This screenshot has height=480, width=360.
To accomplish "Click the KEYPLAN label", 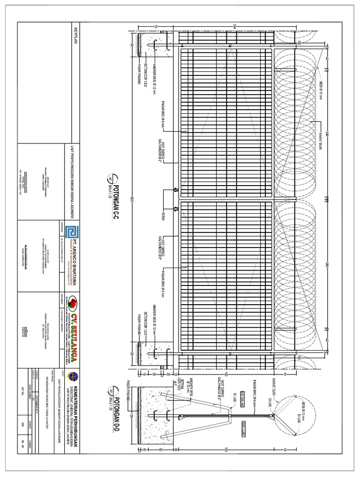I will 74,36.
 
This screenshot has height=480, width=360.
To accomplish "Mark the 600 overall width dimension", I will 133,199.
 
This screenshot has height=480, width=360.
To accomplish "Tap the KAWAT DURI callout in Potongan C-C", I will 323,131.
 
